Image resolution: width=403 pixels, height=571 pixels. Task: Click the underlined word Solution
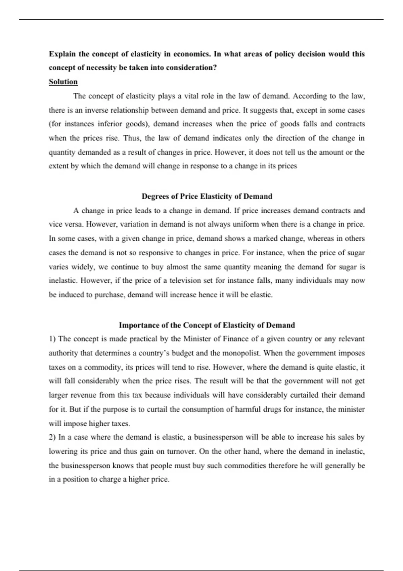[63, 82]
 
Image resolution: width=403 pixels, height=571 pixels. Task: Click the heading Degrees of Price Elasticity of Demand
[207, 196]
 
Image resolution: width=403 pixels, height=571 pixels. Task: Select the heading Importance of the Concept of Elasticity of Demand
[207, 325]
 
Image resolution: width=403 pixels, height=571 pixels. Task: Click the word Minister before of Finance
[197, 339]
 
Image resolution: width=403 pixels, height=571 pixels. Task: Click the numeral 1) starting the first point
[52, 339]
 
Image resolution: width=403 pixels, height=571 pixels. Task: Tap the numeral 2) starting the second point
[52, 437]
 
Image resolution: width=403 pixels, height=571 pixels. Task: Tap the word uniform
[245, 224]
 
